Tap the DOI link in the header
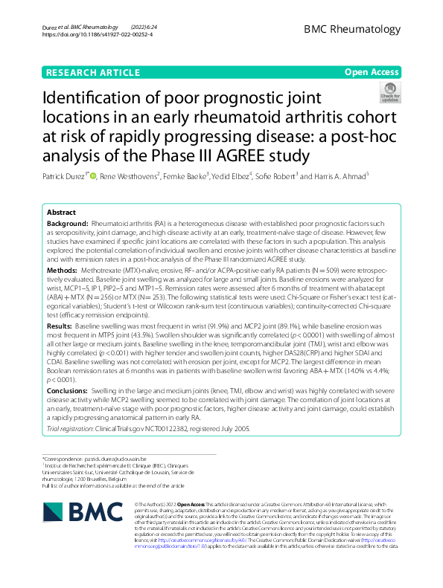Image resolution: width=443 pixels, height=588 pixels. click(x=98, y=34)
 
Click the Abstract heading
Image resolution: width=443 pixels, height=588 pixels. click(x=61, y=212)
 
